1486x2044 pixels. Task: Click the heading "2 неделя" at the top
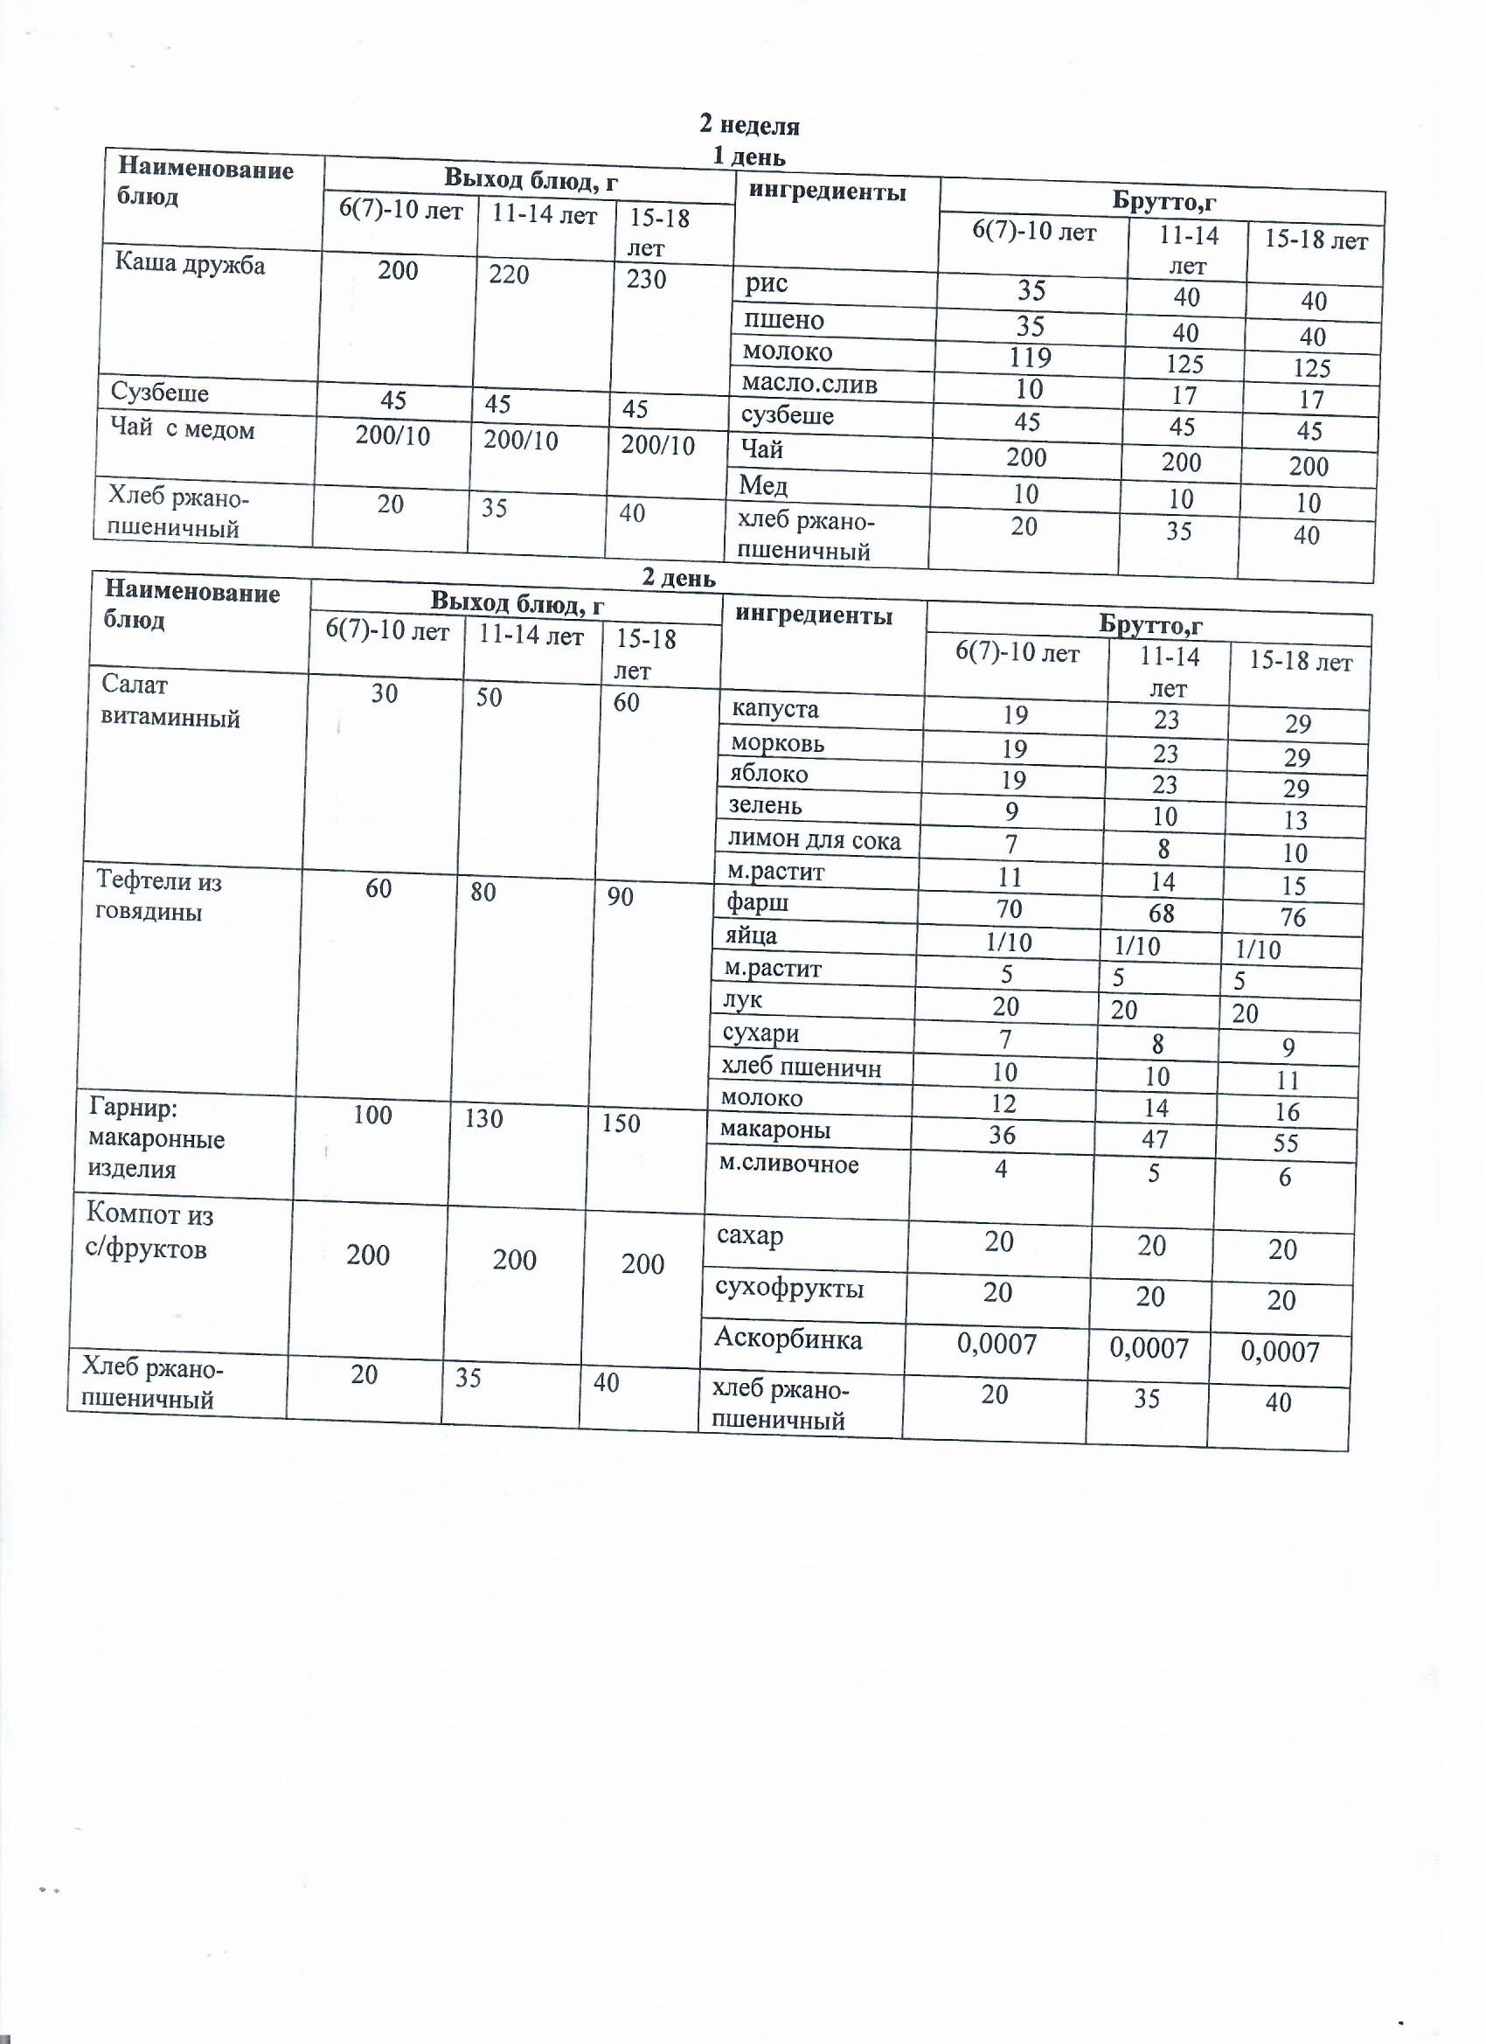pyautogui.click(x=749, y=125)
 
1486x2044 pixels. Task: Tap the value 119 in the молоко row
pyautogui.click(x=1030, y=358)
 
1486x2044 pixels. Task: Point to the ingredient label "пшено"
pyautogui.click(x=783, y=320)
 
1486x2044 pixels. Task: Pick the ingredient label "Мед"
pyautogui.click(x=762, y=487)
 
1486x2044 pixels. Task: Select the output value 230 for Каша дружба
pyautogui.click(x=646, y=280)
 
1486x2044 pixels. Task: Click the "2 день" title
pyautogui.click(x=677, y=578)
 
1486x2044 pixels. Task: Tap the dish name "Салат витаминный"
pyautogui.click(x=170, y=701)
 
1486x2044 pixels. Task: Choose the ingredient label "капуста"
pyautogui.click(x=775, y=709)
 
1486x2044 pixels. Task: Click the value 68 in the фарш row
pyautogui.click(x=1161, y=914)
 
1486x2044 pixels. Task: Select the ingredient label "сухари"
pyautogui.click(x=760, y=1033)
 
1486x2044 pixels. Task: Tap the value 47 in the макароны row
pyautogui.click(x=1155, y=1139)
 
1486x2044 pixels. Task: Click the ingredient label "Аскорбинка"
pyautogui.click(x=788, y=1339)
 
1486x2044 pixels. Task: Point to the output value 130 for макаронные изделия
pyautogui.click(x=483, y=1118)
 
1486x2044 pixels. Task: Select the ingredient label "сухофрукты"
pyautogui.click(x=789, y=1288)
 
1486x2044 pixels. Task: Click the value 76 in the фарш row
pyautogui.click(x=1292, y=918)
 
